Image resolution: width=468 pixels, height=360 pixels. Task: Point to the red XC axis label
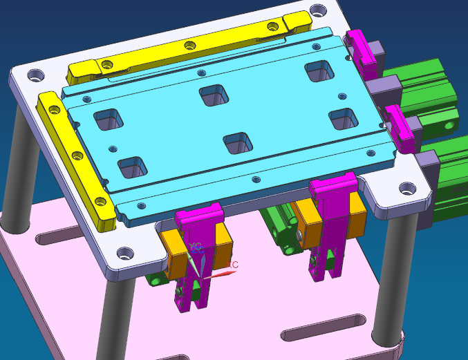[x=233, y=265]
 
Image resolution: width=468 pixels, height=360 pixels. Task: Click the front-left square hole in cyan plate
[x=133, y=167]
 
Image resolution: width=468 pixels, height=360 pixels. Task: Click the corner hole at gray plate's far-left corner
[x=34, y=75]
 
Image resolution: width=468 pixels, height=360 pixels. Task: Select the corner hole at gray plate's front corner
[x=125, y=254]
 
